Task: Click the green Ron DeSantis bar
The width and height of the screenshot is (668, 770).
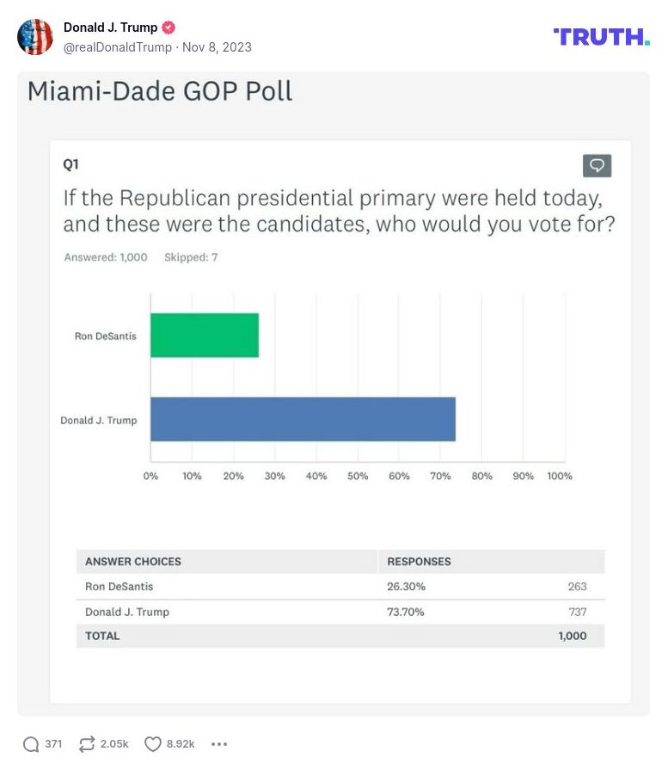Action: [x=205, y=335]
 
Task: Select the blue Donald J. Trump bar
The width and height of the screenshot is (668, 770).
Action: [x=303, y=419]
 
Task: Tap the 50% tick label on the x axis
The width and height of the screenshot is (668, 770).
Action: [x=358, y=477]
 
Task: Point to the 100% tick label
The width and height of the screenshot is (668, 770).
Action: [x=559, y=477]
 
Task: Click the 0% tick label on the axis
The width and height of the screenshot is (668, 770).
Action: [x=150, y=477]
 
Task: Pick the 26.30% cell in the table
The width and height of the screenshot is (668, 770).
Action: [x=406, y=587]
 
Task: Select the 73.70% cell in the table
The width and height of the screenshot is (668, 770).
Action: [x=406, y=612]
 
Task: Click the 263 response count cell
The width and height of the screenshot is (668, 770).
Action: [x=577, y=587]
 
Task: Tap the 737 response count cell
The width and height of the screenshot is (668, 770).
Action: [x=577, y=612]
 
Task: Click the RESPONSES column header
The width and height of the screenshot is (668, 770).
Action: [x=419, y=562]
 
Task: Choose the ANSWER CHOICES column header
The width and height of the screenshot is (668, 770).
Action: [x=133, y=562]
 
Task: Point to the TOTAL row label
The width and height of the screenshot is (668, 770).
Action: [x=102, y=636]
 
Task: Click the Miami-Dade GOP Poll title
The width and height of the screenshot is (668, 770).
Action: [x=160, y=91]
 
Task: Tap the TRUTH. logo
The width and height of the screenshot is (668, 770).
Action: [x=601, y=36]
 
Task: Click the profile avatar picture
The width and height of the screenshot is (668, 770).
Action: [x=35, y=37]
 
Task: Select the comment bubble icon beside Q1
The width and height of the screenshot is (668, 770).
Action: [x=597, y=165]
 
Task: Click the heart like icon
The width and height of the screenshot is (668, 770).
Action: [x=153, y=744]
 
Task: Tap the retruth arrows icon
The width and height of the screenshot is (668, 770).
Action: [x=87, y=744]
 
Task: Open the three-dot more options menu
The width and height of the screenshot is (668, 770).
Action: [x=218, y=744]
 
